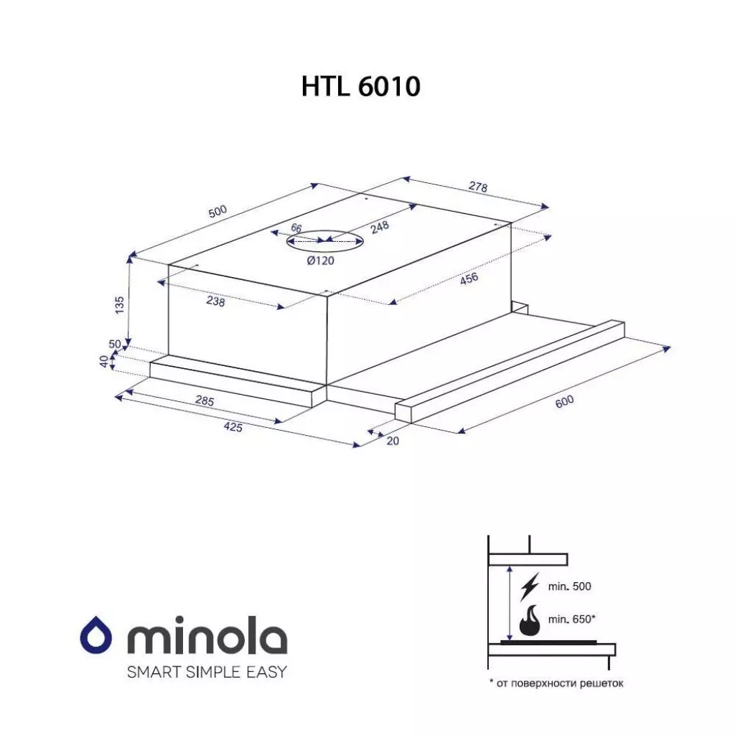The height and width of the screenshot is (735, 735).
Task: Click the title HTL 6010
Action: click(x=360, y=87)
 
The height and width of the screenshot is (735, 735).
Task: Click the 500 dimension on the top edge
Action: click(x=217, y=212)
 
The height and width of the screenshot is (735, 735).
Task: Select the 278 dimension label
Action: click(x=478, y=188)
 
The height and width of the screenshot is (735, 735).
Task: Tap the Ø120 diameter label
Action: click(x=320, y=261)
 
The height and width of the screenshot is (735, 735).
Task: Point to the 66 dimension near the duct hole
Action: click(x=296, y=228)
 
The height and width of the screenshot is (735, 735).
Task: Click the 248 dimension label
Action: click(x=380, y=228)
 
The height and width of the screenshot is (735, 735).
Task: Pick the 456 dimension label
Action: click(x=469, y=278)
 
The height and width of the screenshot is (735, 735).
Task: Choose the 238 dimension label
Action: click(x=215, y=302)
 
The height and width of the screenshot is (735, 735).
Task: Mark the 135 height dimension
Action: click(x=119, y=305)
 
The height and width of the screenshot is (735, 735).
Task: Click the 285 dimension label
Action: click(x=205, y=401)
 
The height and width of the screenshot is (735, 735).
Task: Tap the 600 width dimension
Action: click(x=564, y=403)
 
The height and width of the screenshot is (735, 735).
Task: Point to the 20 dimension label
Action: click(x=392, y=441)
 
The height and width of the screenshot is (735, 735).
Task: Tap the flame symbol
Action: click(x=530, y=622)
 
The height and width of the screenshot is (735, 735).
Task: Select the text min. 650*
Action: click(x=571, y=619)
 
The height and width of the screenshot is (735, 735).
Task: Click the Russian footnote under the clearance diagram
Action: click(x=556, y=683)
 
